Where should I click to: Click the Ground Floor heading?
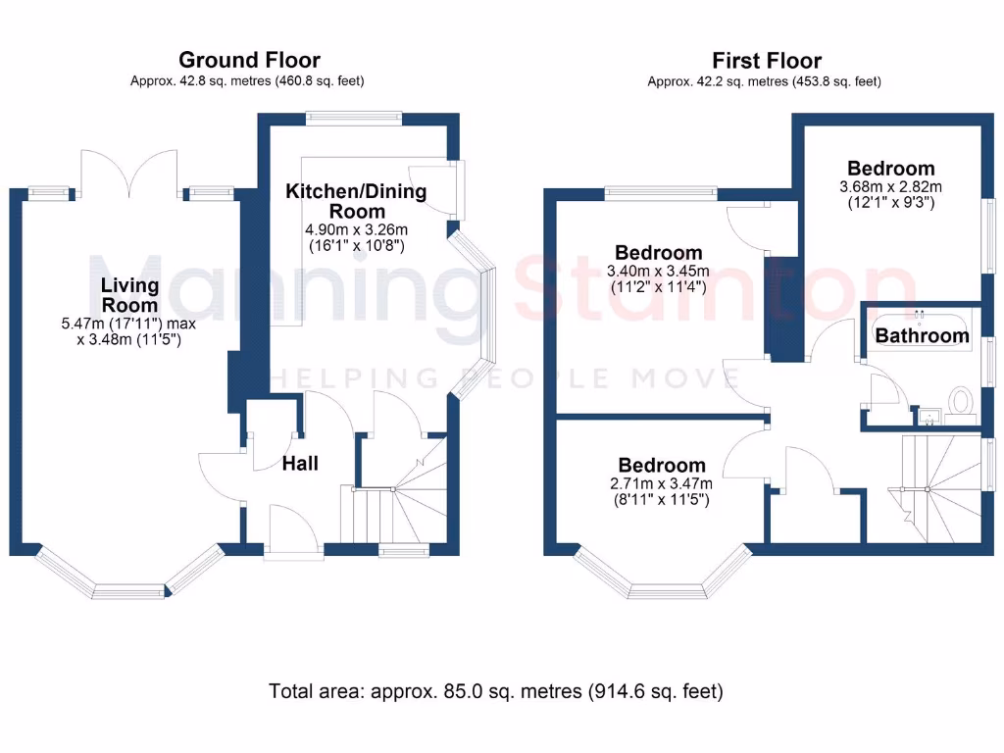249,61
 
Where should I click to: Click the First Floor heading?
767,61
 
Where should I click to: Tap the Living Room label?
130,294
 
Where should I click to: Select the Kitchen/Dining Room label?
356,201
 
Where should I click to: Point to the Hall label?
300,464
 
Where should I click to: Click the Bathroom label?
922,336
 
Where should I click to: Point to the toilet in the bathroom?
960,401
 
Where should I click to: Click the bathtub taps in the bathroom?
920,314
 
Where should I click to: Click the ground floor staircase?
392,500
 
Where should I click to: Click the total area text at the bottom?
496,691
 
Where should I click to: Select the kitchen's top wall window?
353,120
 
